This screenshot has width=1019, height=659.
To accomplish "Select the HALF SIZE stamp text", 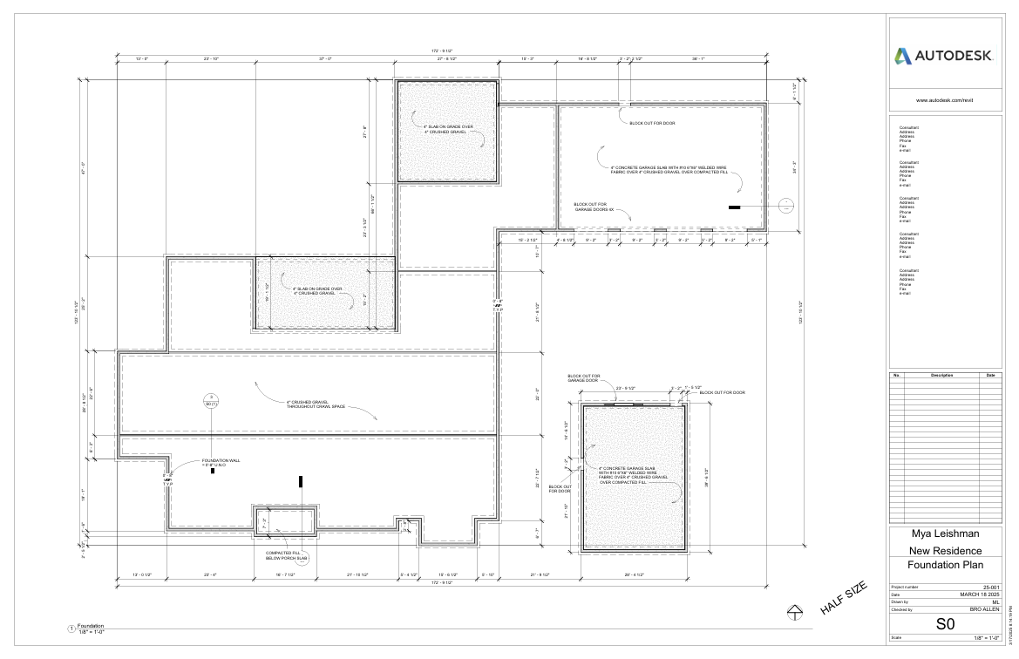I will [x=844, y=600].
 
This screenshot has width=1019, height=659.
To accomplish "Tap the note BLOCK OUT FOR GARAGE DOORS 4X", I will [x=594, y=207].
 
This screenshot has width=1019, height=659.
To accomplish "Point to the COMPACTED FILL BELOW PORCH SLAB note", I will [x=287, y=555].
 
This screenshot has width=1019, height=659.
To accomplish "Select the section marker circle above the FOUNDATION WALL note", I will [x=210, y=398].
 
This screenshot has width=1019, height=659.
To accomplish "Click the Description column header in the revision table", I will [x=942, y=375].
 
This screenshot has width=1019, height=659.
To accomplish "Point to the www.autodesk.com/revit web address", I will [x=944, y=100].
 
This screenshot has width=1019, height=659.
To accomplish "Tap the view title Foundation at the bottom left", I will [x=91, y=625].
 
